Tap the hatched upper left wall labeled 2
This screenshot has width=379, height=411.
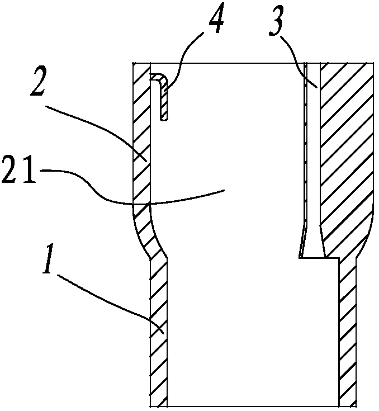(x=141, y=134)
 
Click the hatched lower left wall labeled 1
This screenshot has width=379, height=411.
(x=159, y=336)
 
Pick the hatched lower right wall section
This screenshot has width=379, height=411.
(x=347, y=336)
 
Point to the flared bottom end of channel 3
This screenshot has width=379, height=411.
(x=311, y=246)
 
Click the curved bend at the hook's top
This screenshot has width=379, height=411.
(x=159, y=77)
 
